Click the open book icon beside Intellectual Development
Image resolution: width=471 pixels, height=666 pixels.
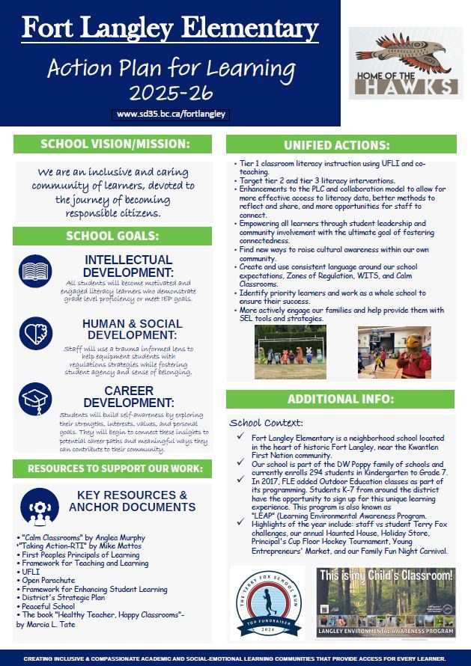[x=35, y=271]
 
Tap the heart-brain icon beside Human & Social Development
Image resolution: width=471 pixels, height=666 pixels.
[x=35, y=334]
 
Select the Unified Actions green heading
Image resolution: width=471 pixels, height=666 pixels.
[x=340, y=144]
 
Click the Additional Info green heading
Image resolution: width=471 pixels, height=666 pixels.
[x=340, y=398]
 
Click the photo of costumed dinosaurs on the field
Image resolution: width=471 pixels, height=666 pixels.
[x=291, y=352]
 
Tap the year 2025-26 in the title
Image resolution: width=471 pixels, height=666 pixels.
[x=171, y=93]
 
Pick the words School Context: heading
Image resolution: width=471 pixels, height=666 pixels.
[x=266, y=423]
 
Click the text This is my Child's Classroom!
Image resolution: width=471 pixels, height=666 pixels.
[x=386, y=575]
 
